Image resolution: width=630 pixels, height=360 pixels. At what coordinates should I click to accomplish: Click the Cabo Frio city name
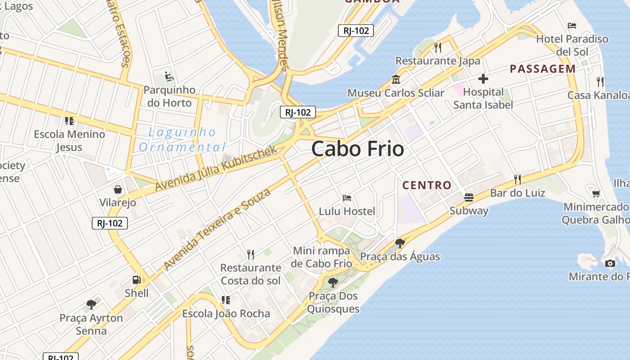pos(358,149)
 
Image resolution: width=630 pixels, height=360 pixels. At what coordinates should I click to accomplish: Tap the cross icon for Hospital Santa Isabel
pos(483,79)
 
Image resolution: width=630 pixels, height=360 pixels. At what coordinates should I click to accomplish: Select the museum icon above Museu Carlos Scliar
pos(396,80)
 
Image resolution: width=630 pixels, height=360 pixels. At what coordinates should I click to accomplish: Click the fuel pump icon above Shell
pos(136,279)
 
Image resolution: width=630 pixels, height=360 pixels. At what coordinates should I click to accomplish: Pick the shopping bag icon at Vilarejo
pos(118,189)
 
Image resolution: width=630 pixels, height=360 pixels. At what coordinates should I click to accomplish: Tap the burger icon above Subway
pos(469,197)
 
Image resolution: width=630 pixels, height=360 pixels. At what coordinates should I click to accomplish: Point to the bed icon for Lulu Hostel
pos(347,198)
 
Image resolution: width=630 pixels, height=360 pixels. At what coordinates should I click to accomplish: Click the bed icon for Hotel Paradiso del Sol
pos(572,25)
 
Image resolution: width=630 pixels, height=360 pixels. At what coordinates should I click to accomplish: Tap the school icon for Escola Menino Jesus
pos(69,121)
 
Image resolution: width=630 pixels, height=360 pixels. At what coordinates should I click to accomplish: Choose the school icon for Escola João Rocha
pos(226,300)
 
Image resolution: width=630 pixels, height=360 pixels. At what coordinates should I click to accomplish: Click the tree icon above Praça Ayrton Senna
pos(91,304)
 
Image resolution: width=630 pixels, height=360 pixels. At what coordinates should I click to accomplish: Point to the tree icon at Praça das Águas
pos(400,243)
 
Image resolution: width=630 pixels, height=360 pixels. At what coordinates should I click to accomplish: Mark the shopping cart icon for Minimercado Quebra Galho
pos(596,193)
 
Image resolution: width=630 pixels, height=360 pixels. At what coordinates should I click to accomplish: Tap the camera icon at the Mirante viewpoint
pos(610,263)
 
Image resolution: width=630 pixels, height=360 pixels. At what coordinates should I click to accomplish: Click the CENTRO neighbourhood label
pos(427,185)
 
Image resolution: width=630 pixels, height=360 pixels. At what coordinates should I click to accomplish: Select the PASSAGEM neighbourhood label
pos(543,69)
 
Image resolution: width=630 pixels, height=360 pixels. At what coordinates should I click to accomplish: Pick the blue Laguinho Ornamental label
pos(182,139)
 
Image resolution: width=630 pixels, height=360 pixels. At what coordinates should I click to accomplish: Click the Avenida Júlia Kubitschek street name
pos(216,169)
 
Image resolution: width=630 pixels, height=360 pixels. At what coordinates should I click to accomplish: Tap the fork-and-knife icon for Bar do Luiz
pos(517,180)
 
